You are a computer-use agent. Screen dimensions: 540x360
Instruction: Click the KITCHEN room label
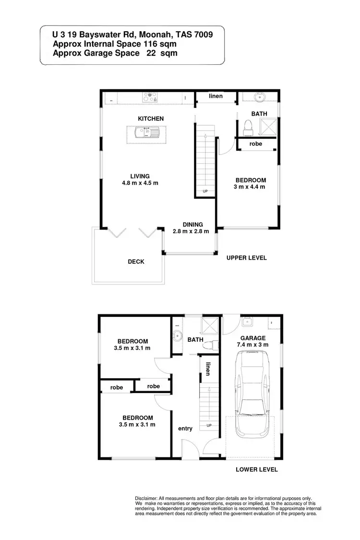151,119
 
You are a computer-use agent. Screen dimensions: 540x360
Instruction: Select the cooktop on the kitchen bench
150,98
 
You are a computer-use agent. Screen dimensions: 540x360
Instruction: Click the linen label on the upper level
216,96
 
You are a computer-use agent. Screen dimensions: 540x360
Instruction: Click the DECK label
136,262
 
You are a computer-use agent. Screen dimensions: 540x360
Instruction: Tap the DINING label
192,224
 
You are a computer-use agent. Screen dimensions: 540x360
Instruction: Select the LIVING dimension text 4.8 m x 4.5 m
140,183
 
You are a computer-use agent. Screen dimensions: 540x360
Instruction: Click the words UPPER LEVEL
246,258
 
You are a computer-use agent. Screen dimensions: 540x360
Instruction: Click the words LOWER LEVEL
257,469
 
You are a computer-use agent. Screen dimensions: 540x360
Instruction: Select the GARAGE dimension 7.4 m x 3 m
252,345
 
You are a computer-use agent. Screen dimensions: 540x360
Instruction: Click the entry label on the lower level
185,429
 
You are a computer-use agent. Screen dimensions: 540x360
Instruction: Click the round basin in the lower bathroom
177,336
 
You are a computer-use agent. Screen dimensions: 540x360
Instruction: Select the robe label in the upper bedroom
256,144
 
